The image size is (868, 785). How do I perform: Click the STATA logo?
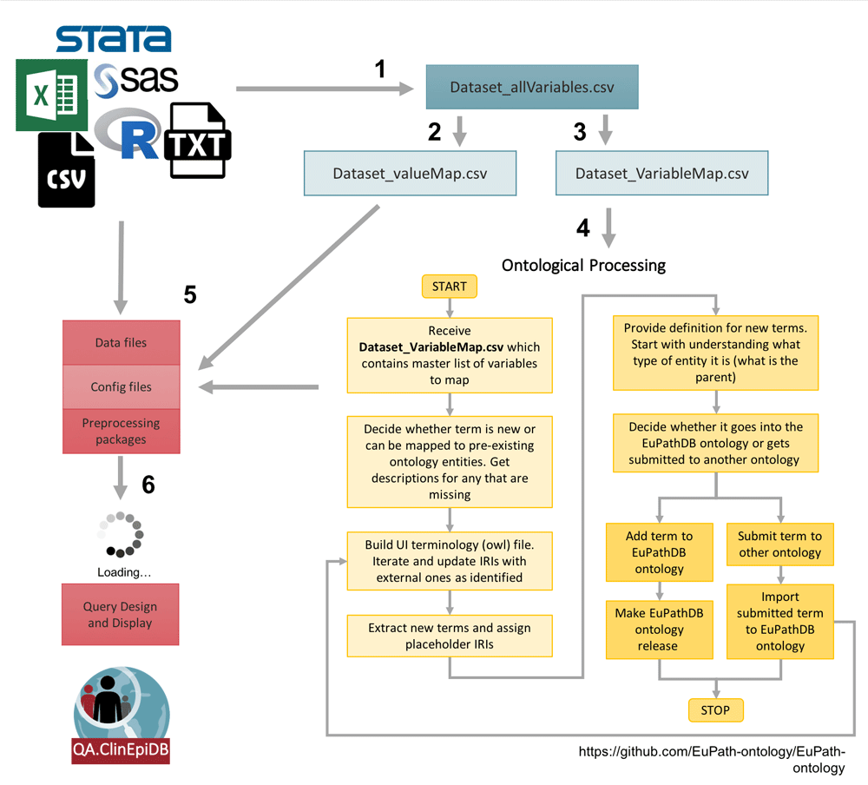click(x=113, y=39)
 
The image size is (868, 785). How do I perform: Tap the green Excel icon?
click(x=51, y=96)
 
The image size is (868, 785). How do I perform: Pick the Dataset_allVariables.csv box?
click(x=532, y=87)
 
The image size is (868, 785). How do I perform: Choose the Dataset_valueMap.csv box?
click(x=410, y=173)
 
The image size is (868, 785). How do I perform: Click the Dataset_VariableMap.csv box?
click(x=661, y=173)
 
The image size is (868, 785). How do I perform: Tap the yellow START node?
click(x=449, y=286)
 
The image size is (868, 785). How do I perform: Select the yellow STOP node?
click(x=715, y=710)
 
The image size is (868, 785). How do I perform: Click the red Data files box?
click(x=121, y=343)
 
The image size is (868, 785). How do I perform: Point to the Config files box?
click(x=121, y=387)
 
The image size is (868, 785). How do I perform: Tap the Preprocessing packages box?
click(x=121, y=432)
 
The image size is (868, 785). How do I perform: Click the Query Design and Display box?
click(x=121, y=615)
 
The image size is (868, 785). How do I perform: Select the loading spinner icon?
click(x=124, y=534)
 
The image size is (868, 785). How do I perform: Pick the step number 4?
click(x=582, y=228)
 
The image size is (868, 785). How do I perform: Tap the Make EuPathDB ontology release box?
click(x=660, y=630)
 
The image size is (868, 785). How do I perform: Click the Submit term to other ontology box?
click(x=779, y=544)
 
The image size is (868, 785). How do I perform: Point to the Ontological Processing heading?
click(x=584, y=265)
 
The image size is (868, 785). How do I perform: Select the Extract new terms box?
click(x=449, y=637)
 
